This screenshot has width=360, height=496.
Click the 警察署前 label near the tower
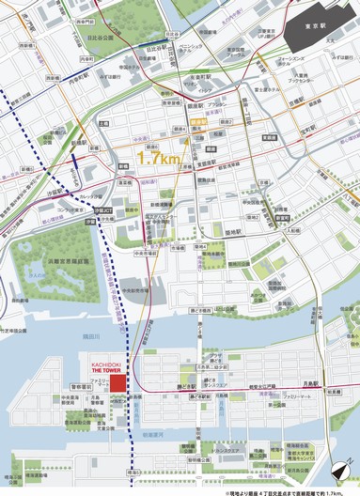click(80, 384)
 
